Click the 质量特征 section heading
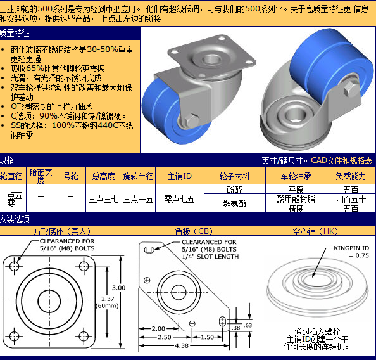[x=15, y=33]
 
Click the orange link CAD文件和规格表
[x=342, y=160]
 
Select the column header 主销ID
[x=180, y=176]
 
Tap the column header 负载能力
[x=351, y=176]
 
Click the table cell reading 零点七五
[x=179, y=199]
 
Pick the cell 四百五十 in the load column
[x=351, y=199]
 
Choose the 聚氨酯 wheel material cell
[x=234, y=203]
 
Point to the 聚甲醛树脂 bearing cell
[x=296, y=199]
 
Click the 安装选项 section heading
[x=15, y=219]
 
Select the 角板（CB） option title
[x=194, y=231]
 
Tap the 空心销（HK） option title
[x=315, y=231]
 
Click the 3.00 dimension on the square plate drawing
[x=119, y=288]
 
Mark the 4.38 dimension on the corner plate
[x=182, y=345]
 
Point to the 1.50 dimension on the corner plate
[x=207, y=337]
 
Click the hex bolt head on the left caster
[x=191, y=120]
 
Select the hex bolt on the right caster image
[x=351, y=88]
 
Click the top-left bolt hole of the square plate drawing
[x=15, y=266]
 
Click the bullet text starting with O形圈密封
[x=51, y=106]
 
